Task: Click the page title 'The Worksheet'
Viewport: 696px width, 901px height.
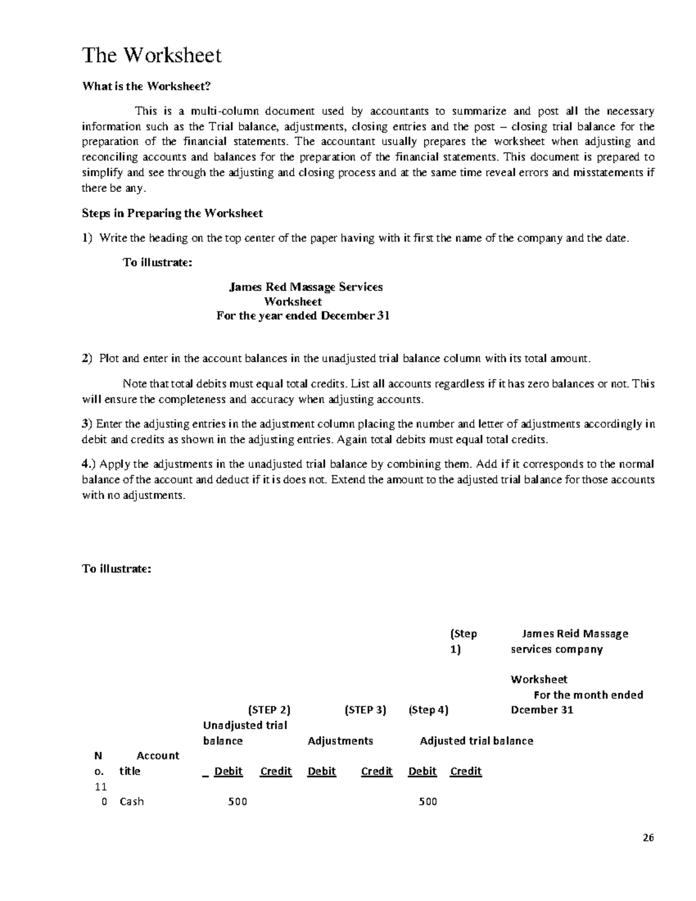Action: coord(152,56)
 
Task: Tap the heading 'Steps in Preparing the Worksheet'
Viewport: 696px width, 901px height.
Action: coord(172,213)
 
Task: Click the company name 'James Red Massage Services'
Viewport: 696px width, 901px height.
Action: coord(306,287)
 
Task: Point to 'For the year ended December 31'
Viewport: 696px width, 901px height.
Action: coord(303,316)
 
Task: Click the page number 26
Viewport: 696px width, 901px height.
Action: coord(648,838)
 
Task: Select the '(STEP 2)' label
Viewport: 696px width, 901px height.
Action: coord(269,710)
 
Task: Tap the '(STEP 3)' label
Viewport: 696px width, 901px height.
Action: coord(365,710)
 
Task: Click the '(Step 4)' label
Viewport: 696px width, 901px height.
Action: coord(429,710)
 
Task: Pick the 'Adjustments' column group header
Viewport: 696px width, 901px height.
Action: coord(340,741)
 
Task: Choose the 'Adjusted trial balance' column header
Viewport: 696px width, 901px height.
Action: coord(476,741)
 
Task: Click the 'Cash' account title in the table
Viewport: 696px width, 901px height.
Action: coord(132,802)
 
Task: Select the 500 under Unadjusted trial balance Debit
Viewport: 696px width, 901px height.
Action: coord(237,802)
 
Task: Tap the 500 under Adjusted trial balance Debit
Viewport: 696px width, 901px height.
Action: coord(427,802)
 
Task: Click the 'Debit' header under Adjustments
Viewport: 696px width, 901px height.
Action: coord(322,771)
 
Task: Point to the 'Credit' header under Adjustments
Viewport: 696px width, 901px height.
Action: coord(376,771)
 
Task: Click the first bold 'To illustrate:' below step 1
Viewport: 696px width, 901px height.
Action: coord(157,262)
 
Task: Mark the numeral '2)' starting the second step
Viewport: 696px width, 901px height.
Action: coord(87,359)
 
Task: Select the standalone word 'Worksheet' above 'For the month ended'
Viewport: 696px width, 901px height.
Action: coord(539,679)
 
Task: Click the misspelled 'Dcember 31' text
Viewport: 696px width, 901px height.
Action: coord(542,710)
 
